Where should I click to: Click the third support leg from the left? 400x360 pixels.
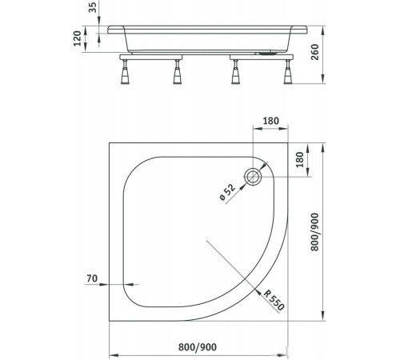coord(237,74)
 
